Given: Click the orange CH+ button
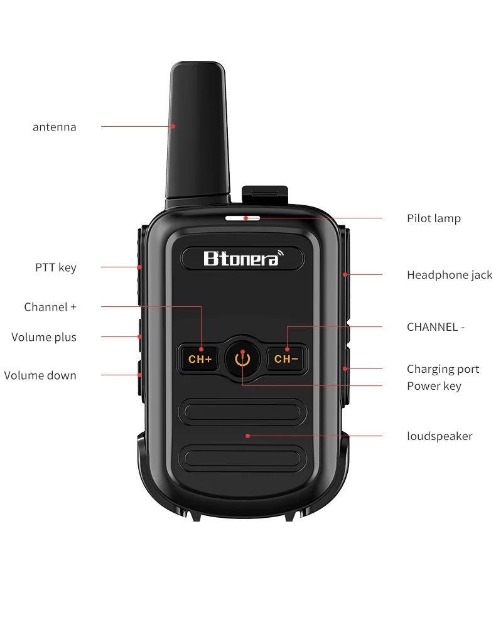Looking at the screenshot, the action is (x=200, y=358).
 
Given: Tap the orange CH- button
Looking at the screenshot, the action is (x=286, y=358).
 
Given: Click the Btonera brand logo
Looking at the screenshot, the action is (x=243, y=259).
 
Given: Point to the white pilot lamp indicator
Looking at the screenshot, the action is (x=242, y=218).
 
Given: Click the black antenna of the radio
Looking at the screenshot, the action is (x=198, y=132).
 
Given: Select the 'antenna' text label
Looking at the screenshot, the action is (x=55, y=127).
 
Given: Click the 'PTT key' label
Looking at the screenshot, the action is (x=56, y=267).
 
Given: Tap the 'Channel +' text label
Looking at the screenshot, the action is (x=50, y=307).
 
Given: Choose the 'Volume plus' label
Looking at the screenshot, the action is (x=43, y=337).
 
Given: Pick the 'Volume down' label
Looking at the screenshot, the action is (x=40, y=375).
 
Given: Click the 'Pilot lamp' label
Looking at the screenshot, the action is (x=434, y=219).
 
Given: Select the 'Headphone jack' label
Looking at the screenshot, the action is (x=450, y=275).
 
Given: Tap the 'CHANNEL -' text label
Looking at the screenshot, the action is (x=436, y=327).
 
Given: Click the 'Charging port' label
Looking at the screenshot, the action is (x=443, y=369).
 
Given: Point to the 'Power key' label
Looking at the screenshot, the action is (x=434, y=386).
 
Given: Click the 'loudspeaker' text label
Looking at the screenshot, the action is (x=439, y=436).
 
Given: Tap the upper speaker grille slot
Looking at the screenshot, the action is (x=242, y=412).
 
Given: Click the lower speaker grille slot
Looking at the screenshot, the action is (x=242, y=458).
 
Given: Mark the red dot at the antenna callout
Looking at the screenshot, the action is (x=173, y=126).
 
